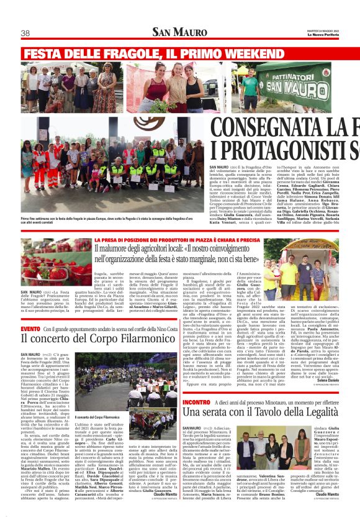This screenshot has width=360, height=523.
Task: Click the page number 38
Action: coord(26,33)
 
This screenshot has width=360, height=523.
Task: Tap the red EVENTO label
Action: coord(31,329)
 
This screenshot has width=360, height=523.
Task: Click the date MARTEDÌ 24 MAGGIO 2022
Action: coord(322,29)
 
